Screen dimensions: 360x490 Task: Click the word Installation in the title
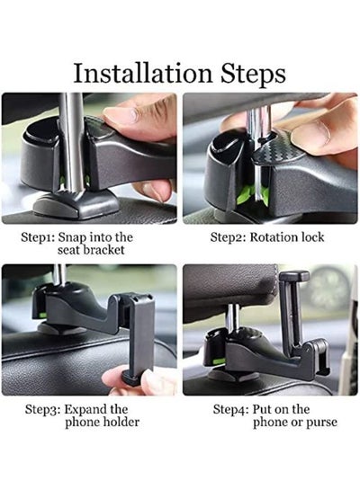[x=142, y=74]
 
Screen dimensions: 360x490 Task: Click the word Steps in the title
[x=253, y=75]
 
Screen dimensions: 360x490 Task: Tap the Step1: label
[x=38, y=237]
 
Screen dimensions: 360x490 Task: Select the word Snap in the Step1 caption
[x=73, y=237]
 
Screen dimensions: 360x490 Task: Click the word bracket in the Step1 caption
[x=104, y=250]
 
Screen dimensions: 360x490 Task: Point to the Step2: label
[x=228, y=237]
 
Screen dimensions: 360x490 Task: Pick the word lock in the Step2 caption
[x=311, y=237]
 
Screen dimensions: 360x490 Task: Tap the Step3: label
[x=42, y=409]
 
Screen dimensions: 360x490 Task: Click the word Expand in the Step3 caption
[x=83, y=410]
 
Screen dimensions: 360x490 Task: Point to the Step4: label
[x=230, y=409]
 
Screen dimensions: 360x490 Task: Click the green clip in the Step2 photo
[x=251, y=193]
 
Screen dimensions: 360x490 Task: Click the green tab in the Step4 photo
[x=220, y=361]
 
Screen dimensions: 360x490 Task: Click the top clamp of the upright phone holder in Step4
[x=294, y=276]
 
